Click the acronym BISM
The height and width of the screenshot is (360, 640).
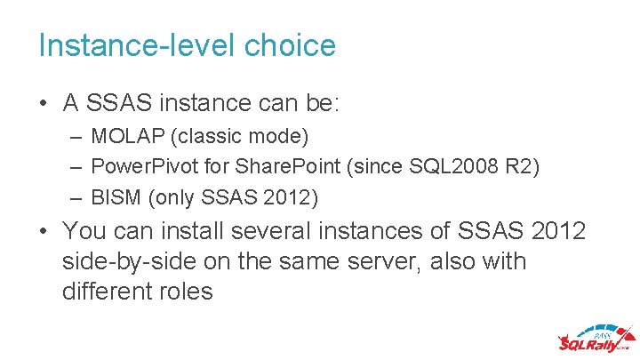pos(114,196)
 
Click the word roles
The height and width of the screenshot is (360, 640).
pos(187,291)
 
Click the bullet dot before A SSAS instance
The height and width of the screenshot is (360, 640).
pos(44,105)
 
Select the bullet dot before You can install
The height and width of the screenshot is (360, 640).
pos(44,233)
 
